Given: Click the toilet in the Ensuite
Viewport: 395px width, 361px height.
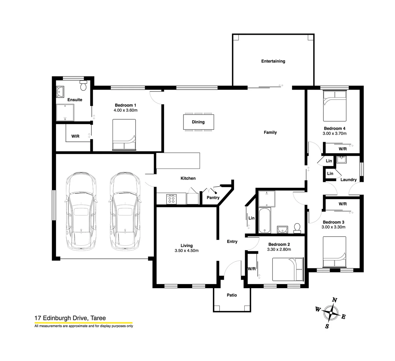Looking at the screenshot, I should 83,86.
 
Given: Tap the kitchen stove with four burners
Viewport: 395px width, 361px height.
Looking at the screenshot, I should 171,199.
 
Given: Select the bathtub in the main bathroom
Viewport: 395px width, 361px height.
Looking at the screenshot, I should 264,221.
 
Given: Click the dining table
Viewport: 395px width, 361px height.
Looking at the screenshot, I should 198,122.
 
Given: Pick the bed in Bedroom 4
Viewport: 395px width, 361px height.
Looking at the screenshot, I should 334,106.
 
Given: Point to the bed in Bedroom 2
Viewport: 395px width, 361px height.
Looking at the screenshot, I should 288,269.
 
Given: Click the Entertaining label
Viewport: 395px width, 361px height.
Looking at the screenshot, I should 273,61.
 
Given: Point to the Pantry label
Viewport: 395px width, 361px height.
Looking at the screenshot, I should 213,198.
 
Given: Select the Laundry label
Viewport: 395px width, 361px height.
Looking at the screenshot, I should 348,179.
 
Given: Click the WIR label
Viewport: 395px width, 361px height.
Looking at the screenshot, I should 75,136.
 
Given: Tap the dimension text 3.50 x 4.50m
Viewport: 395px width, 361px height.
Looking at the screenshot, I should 186,251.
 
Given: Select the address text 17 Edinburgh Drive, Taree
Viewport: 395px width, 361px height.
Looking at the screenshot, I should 70,319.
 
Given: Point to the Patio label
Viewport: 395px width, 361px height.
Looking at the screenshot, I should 232,295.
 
